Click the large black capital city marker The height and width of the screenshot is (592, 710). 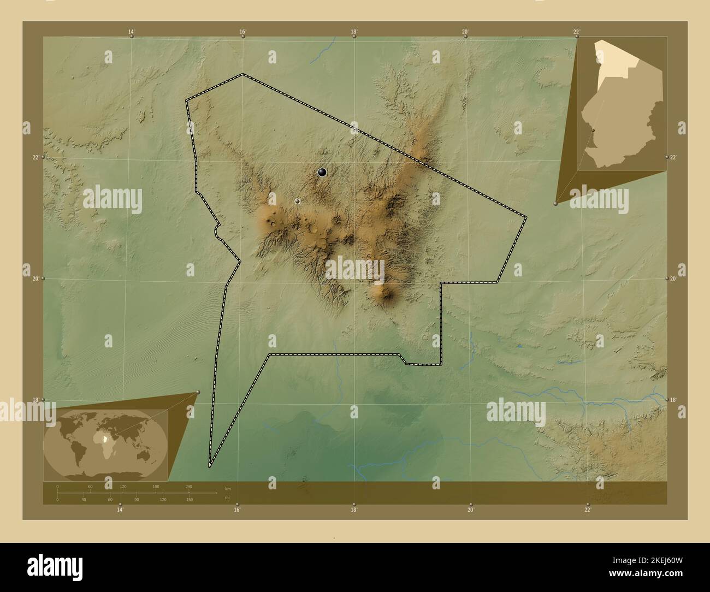point(322,173)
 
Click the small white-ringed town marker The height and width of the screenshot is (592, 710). point(297,202)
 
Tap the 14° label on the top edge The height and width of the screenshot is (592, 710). point(132,32)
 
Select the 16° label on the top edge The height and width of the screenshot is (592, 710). point(243,32)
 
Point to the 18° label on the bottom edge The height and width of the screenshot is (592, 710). point(354,510)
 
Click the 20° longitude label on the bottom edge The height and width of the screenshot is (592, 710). point(471,510)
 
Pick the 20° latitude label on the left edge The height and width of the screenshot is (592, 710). point(35,279)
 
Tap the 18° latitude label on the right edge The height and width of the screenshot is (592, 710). point(673,400)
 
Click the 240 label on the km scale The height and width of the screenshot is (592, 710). point(189,486)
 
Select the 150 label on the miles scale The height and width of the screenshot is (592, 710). point(189,500)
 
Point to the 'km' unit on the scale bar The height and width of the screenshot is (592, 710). point(228,488)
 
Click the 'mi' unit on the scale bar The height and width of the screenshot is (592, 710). point(227,497)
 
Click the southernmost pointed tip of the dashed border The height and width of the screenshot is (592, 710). point(209,467)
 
